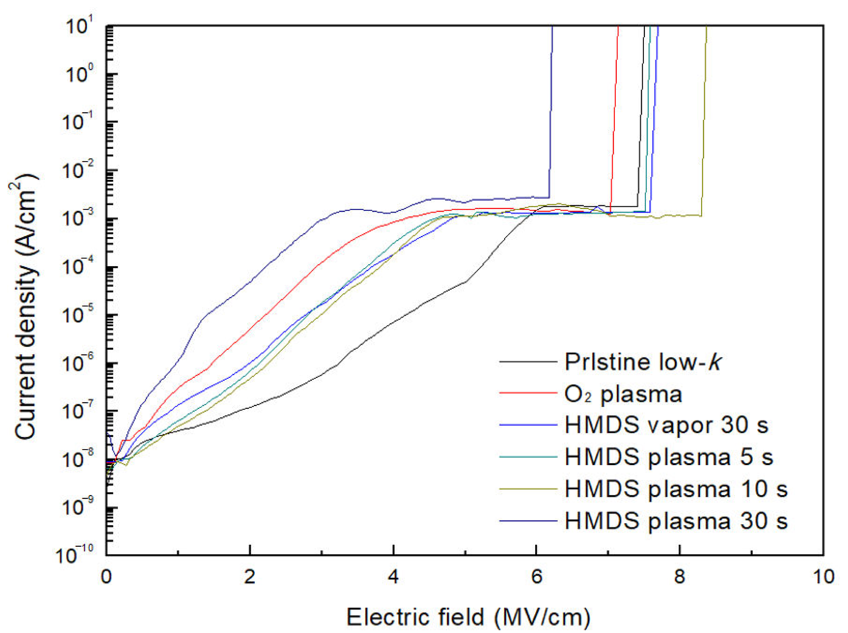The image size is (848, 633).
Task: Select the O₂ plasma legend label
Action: pos(623,394)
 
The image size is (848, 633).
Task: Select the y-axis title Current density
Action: pos(26,307)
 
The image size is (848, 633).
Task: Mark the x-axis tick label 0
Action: pos(106,577)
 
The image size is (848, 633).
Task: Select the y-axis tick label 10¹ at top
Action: pos(80,27)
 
